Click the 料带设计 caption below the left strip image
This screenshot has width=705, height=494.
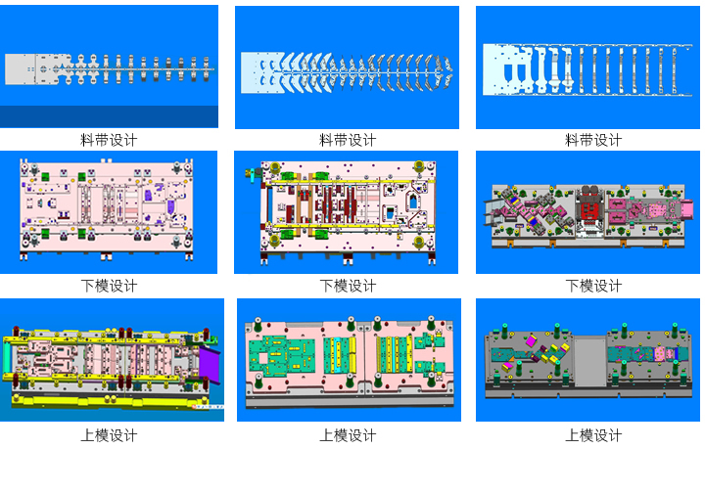tap(109, 140)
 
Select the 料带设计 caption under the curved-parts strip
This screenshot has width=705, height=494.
tap(348, 140)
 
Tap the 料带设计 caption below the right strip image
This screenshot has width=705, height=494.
tap(593, 140)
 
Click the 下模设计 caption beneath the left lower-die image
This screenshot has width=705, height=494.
tap(109, 286)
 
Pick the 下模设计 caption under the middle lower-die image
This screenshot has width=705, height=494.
tap(348, 286)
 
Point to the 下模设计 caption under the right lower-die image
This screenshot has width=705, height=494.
tap(593, 286)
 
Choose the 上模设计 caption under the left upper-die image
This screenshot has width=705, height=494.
tap(109, 435)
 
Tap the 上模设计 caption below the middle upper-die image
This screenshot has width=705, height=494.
tap(348, 435)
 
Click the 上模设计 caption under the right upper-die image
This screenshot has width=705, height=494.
tap(593, 435)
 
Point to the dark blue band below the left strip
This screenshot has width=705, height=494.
tap(109, 116)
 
